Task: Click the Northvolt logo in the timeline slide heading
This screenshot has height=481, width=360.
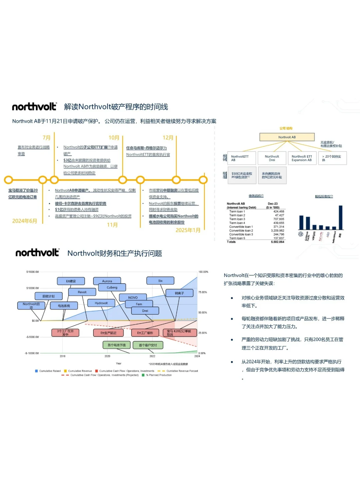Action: [x=34, y=107]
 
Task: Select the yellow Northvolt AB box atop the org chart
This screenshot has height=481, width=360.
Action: [x=287, y=137]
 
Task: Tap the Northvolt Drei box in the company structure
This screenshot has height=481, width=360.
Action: [x=272, y=158]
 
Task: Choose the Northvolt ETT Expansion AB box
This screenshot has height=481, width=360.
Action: [x=302, y=158]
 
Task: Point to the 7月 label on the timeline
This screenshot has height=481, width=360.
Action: [x=46, y=138]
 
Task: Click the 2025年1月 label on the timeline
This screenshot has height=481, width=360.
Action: [x=188, y=230]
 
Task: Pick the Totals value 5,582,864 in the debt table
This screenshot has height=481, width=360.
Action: [x=277, y=242]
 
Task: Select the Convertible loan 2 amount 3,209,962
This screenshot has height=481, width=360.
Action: [x=277, y=231]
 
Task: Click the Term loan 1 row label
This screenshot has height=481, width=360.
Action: [x=237, y=211]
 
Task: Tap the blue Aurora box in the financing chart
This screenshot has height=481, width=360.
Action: [x=107, y=281]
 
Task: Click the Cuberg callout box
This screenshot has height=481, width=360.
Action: [x=112, y=287]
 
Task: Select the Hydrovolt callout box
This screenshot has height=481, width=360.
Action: [x=101, y=303]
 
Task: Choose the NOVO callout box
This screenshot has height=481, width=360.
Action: [x=133, y=297]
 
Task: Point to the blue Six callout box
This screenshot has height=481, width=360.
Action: [x=160, y=281]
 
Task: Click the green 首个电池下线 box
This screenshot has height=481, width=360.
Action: [x=116, y=345]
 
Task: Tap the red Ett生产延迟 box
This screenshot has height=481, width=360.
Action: [x=108, y=333]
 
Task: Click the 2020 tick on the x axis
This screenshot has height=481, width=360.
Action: [x=107, y=356]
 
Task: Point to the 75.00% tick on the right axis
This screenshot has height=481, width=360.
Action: [x=203, y=292]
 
